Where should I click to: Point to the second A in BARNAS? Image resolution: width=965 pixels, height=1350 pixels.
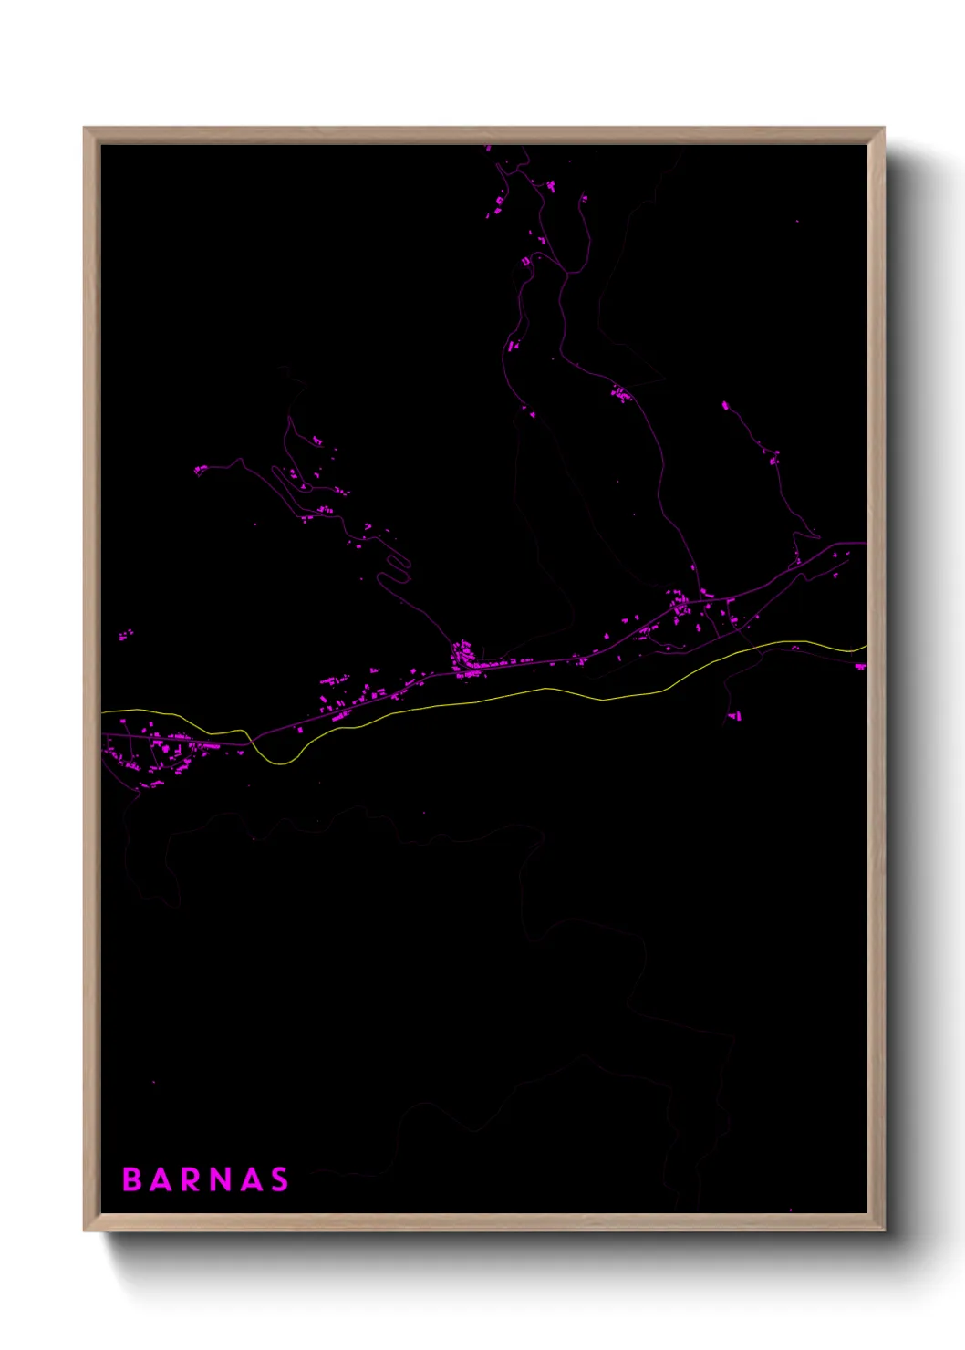pos(250,1179)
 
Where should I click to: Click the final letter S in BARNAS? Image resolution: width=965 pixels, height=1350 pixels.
pos(279,1179)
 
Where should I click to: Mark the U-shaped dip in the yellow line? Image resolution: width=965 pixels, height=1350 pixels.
pos(281,762)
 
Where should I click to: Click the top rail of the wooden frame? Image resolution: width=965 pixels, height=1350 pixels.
pos(483,135)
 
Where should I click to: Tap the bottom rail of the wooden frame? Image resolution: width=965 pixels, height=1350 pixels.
pos(483,1222)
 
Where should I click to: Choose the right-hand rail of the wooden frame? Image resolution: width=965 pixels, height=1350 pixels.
pos(877,675)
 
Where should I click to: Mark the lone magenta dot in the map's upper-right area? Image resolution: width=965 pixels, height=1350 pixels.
pos(797,222)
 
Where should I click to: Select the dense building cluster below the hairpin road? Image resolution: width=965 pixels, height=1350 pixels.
pos(463,657)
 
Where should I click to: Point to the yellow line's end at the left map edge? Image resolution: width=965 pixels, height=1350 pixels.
pos(104,711)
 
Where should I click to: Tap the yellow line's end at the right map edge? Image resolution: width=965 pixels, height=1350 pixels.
pos(865,647)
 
